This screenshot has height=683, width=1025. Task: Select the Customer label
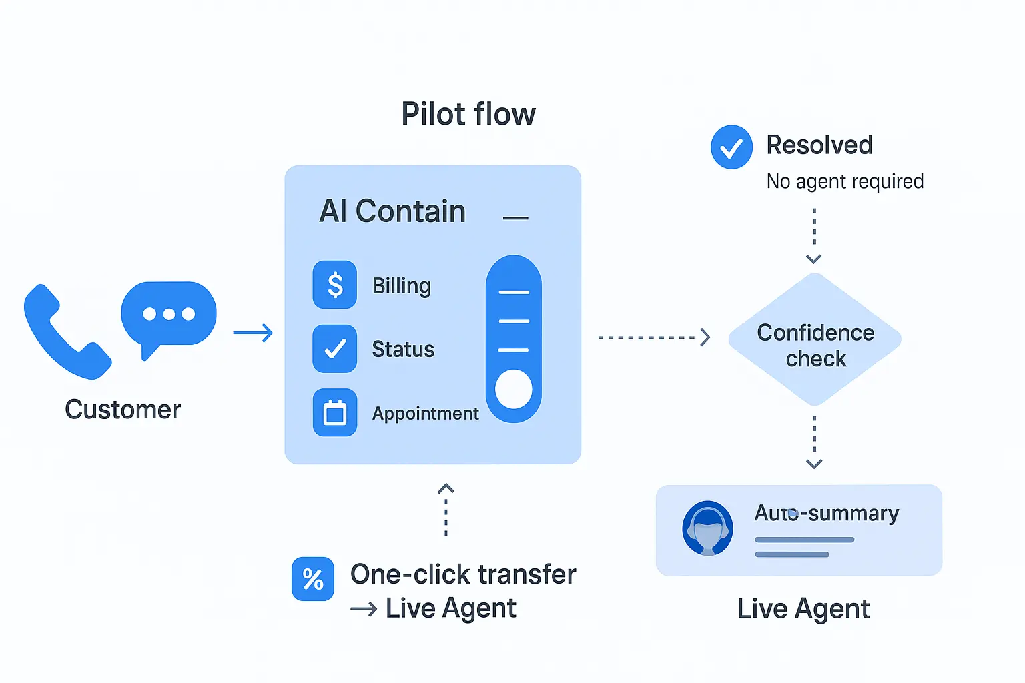123,410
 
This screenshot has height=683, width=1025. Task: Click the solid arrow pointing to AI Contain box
254,333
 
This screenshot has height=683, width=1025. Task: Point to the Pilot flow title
468,114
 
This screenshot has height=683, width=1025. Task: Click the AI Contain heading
392,211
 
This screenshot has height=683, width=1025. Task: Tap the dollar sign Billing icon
335,285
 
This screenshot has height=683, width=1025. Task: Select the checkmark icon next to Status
335,348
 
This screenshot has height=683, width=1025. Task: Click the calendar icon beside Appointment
335,413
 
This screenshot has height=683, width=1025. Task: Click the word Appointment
425,414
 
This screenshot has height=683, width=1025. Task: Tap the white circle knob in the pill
513,389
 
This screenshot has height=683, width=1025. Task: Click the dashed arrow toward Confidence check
654,337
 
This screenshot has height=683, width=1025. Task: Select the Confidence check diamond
815,339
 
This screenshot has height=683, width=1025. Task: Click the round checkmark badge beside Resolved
731,147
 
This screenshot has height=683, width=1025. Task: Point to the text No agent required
845,181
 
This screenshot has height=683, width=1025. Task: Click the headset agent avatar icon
707,529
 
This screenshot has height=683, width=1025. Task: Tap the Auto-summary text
826,513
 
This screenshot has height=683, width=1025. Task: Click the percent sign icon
313,578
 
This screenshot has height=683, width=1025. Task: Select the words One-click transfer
463,574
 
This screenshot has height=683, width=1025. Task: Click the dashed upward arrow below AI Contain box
446,510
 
